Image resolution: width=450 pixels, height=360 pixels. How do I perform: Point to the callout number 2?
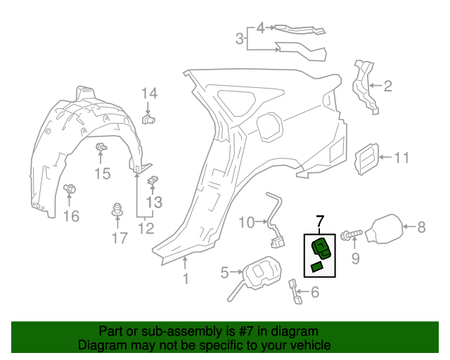coord(389,87)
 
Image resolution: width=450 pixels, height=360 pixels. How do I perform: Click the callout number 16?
coord(71,216)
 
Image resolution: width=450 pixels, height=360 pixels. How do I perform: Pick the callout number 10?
coord(246,223)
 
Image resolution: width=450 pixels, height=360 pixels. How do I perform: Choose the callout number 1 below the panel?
coord(186,279)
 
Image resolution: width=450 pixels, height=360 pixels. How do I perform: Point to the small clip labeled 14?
coord(148,119)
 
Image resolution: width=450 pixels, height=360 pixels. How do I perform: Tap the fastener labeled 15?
coord(101,147)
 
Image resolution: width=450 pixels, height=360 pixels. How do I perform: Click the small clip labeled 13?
coord(152,181)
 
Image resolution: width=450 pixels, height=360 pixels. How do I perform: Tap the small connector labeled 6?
coord(295,290)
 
